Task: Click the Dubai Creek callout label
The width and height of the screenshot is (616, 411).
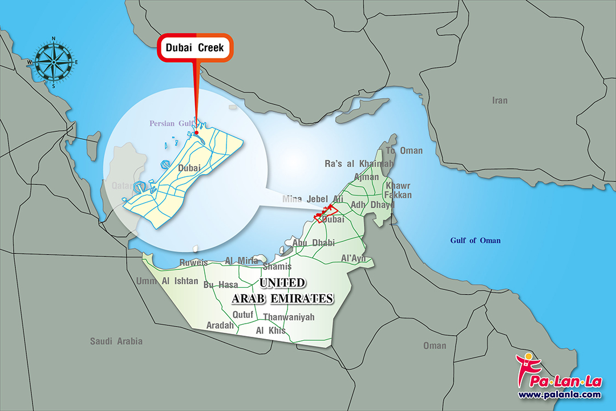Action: point(195,48)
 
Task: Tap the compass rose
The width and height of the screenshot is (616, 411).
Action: point(54,62)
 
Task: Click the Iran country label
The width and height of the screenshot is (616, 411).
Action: point(500,100)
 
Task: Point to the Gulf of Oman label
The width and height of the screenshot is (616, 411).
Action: point(475,240)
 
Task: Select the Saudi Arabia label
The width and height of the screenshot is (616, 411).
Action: point(116,341)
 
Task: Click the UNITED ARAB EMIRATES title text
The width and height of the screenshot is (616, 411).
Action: point(282,291)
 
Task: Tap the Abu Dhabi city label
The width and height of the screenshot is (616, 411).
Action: point(313,243)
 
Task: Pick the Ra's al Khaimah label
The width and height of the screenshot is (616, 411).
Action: point(359,164)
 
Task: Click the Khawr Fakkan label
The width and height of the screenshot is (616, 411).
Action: point(398,191)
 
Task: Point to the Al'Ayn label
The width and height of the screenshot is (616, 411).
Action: point(353,258)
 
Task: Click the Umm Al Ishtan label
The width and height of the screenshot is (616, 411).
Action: point(167,281)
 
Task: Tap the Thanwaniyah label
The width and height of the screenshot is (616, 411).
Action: point(289,317)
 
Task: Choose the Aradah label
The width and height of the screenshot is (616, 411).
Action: point(220,325)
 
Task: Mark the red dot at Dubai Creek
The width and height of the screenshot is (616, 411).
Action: point(196,132)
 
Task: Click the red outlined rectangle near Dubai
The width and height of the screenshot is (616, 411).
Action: point(326,213)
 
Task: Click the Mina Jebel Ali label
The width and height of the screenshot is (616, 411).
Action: point(313,199)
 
